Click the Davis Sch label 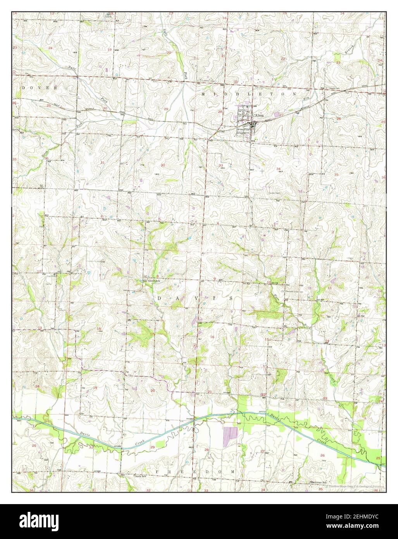140,476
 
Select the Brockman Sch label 319,482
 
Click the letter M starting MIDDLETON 203,94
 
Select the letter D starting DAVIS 160,298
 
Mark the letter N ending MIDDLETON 295,94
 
